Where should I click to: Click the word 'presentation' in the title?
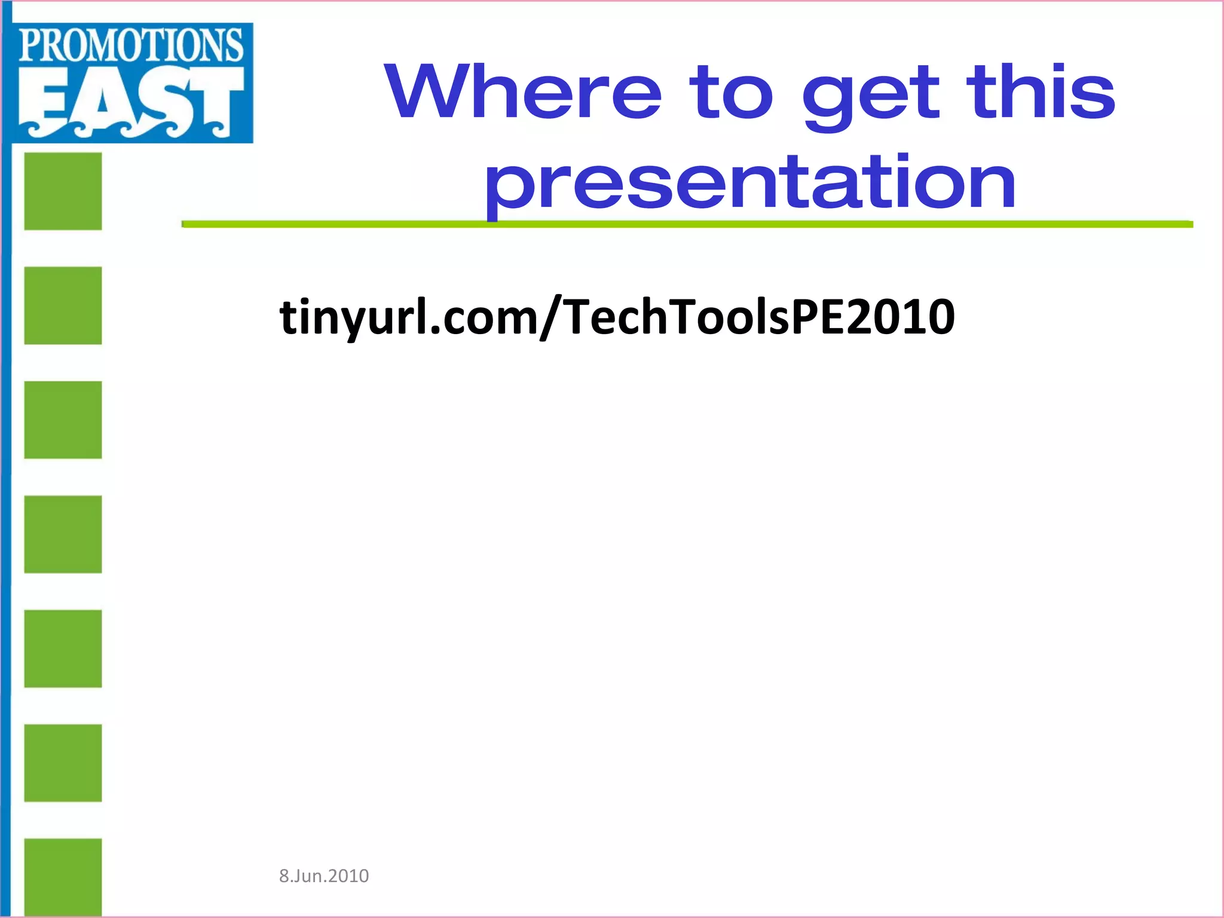click(x=750, y=182)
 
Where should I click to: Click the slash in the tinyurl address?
click(x=550, y=318)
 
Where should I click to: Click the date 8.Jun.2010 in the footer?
click(x=324, y=876)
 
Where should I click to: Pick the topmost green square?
click(x=63, y=191)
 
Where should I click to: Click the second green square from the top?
click(x=63, y=305)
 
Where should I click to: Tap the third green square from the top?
click(x=63, y=420)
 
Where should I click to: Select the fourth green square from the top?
click(x=63, y=534)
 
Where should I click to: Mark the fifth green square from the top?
click(x=63, y=648)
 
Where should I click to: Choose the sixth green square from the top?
click(x=63, y=763)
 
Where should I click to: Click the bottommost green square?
click(x=63, y=876)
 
